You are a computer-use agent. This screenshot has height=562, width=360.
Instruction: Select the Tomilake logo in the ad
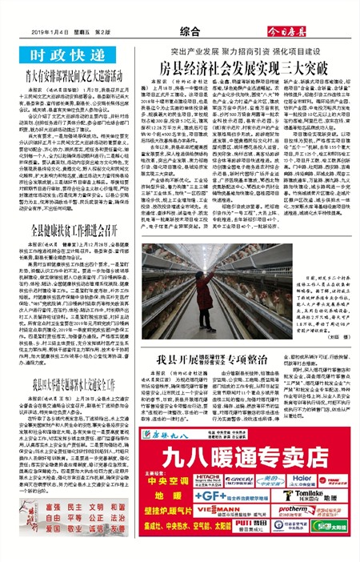point(305,517)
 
